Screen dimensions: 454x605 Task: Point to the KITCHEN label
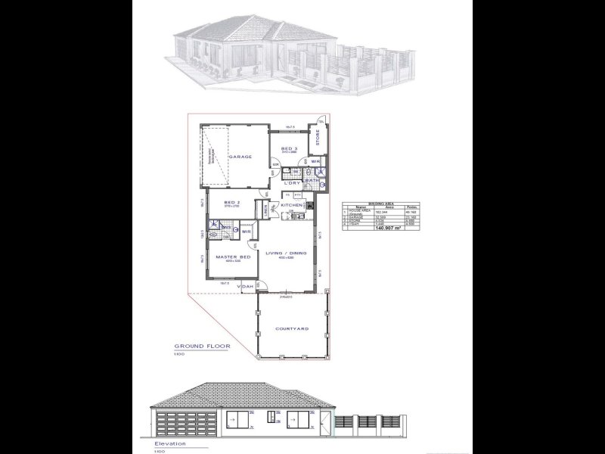pos(292,206)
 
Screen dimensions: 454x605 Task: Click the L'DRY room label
pos(292,182)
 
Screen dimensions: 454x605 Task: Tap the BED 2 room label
pos(232,203)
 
